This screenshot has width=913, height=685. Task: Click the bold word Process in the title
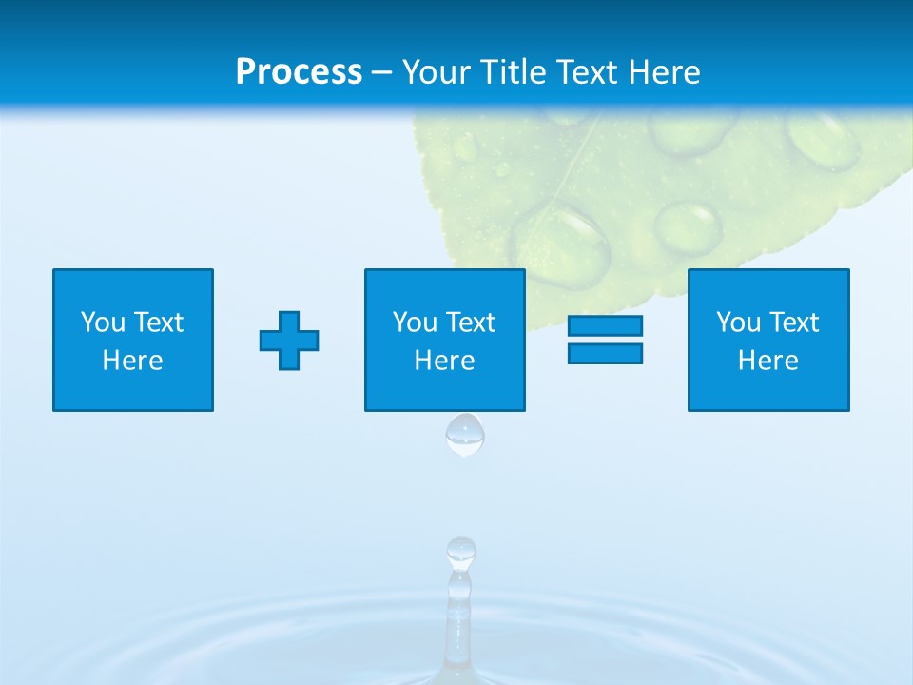click(x=299, y=72)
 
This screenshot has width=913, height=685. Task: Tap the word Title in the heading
click(x=511, y=72)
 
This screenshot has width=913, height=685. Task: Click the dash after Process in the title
click(x=381, y=73)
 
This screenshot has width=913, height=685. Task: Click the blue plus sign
click(x=289, y=341)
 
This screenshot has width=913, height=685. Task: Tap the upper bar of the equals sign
click(x=605, y=325)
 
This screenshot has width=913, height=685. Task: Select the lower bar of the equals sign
click(x=605, y=353)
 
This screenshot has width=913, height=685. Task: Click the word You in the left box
click(x=103, y=323)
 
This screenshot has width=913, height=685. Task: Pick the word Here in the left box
click(x=133, y=361)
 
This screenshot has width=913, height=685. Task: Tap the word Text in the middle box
click(x=470, y=323)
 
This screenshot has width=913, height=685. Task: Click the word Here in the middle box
click(x=445, y=361)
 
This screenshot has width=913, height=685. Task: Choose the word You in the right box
click(x=738, y=323)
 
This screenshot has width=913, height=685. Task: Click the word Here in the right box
click(x=768, y=361)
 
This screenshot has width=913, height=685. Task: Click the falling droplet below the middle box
click(x=465, y=435)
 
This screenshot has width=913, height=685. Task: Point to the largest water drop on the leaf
click(x=561, y=243)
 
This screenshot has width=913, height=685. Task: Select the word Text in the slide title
click(x=581, y=72)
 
